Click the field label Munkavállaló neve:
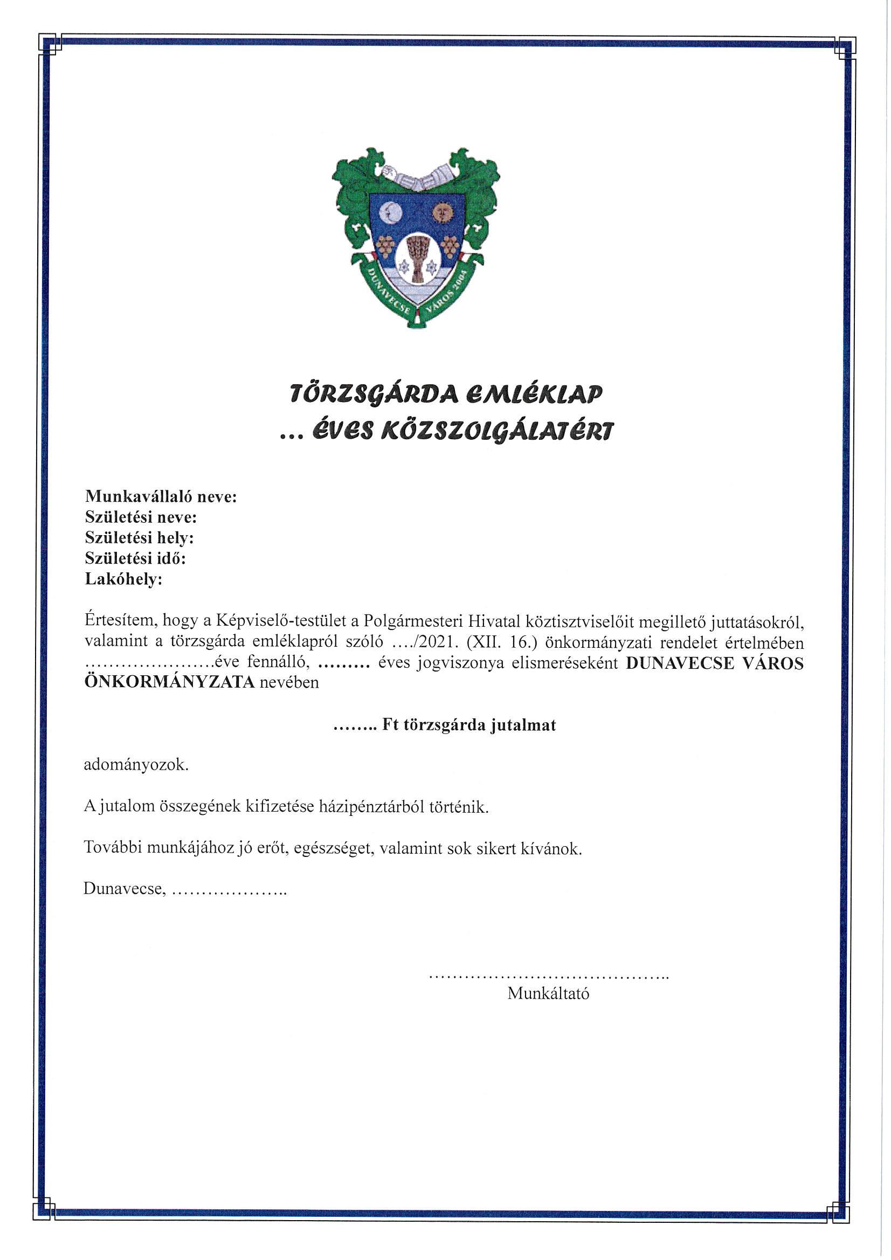(x=161, y=497)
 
